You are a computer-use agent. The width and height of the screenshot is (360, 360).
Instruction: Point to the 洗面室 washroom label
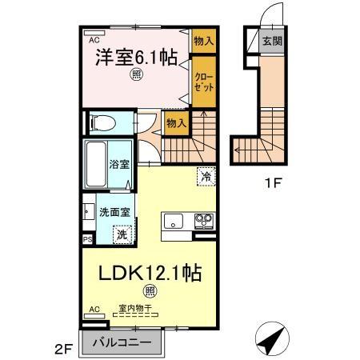coord(115,213)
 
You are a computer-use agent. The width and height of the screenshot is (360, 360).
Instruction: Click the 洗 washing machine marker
coord(122,235)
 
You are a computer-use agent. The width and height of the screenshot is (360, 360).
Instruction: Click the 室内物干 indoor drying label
coord(135,308)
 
